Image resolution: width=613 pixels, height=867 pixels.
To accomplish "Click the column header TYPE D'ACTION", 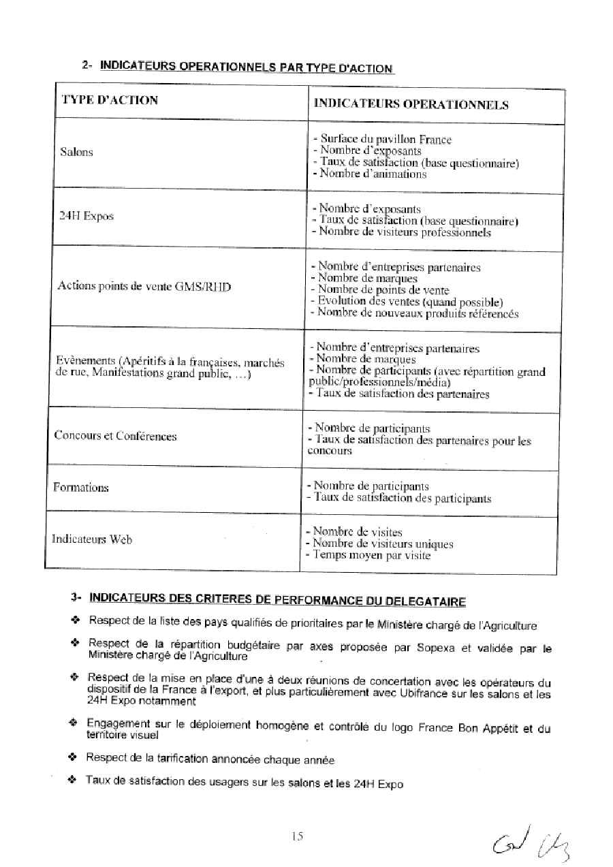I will (110, 100).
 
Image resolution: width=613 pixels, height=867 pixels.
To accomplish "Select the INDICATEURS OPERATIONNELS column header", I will (411, 105).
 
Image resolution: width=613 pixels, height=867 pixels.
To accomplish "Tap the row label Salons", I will (77, 152).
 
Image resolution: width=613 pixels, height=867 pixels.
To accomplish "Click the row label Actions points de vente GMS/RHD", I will (144, 286).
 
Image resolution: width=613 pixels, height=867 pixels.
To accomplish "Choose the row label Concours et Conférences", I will (115, 436).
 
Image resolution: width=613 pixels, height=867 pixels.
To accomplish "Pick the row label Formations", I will (81, 488).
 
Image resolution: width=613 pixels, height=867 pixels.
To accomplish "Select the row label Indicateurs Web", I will (92, 539).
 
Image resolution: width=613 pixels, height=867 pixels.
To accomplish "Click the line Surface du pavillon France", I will (382, 140).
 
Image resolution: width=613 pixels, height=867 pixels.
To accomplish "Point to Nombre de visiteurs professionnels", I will (400, 232).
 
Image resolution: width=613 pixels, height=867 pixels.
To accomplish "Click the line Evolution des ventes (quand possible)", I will (407, 302).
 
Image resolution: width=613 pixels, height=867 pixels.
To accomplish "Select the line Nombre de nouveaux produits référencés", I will (414, 313).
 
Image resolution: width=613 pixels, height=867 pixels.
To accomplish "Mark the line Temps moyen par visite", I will (368, 555).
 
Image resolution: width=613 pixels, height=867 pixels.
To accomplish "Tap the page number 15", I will (296, 836).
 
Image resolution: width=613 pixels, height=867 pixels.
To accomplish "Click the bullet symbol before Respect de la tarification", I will (72, 757).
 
